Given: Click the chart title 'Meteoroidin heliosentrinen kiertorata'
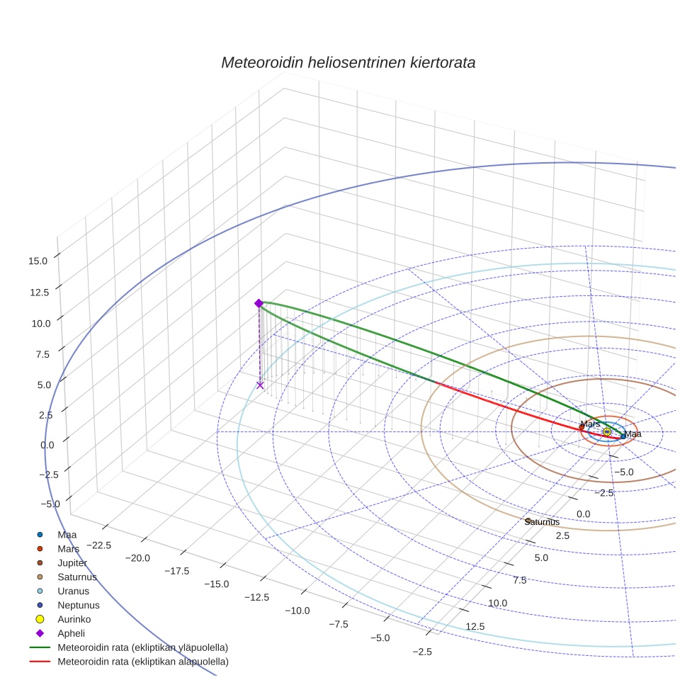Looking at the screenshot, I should click(x=348, y=62).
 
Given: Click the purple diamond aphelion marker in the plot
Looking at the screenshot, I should click(x=259, y=303).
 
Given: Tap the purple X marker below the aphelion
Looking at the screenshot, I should click(x=260, y=385).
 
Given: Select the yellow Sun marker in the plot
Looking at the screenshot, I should click(x=607, y=431).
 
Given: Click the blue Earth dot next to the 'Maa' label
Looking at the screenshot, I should click(x=623, y=436).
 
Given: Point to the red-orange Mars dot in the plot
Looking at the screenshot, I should click(x=582, y=427).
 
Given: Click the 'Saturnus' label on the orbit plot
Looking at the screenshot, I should click(x=542, y=522).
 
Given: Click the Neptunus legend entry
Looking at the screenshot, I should click(x=78, y=605).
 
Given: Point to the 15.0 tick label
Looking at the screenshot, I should click(x=38, y=261).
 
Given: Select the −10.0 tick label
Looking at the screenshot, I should click(x=296, y=611).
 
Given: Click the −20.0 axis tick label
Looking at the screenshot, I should click(x=137, y=557).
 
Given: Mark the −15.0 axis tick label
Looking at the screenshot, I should click(x=217, y=584).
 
